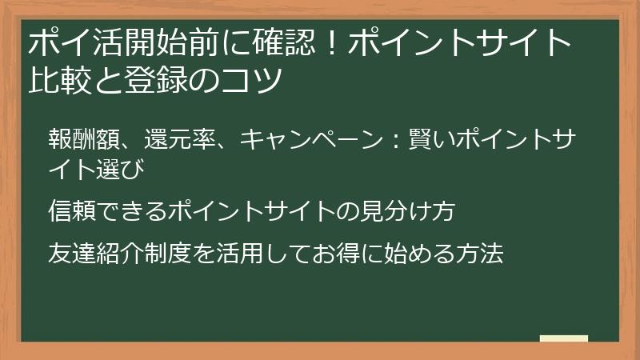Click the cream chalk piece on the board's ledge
coord(563,339)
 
